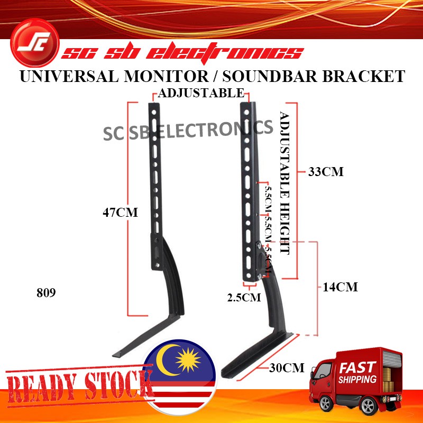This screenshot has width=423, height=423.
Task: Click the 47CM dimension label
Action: click(120, 213)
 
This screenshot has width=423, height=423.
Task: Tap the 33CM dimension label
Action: click(327, 172)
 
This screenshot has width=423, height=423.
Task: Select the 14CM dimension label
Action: click(341, 287)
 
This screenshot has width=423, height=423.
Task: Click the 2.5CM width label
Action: click(244, 297)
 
